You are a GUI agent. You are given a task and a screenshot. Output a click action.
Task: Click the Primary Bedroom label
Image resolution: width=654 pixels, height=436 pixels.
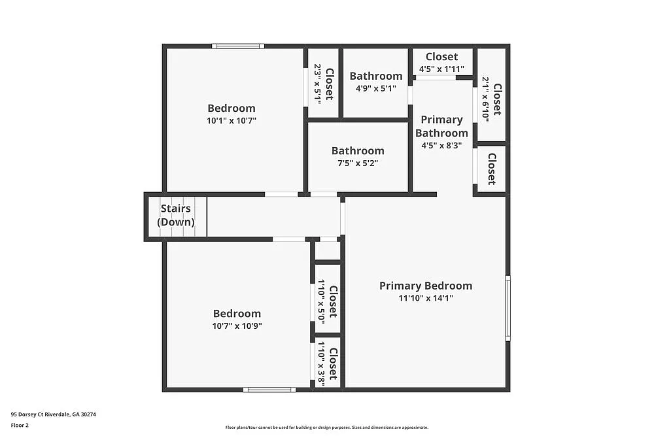click(x=426, y=286)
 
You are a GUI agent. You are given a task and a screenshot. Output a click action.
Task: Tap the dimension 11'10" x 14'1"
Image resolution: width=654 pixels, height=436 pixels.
click(x=426, y=298)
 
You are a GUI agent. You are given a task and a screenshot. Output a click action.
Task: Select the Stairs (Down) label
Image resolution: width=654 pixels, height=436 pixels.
click(x=176, y=215)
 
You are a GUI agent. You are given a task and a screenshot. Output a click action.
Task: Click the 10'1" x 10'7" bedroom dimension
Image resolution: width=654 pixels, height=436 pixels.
click(x=232, y=120)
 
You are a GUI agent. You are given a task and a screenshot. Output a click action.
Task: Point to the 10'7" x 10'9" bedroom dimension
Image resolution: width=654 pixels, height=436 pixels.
click(x=236, y=326)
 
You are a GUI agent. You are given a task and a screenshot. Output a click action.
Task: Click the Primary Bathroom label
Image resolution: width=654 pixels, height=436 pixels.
click(x=441, y=126)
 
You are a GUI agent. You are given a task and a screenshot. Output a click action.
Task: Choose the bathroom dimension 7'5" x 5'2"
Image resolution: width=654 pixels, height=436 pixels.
click(x=358, y=163)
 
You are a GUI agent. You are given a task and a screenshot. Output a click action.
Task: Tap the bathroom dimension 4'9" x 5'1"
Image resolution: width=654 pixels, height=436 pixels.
click(x=375, y=88)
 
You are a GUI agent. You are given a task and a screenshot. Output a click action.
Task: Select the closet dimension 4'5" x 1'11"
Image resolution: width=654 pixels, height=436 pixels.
click(x=441, y=69)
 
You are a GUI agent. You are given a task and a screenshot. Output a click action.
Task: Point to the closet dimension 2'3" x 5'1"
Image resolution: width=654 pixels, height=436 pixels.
click(x=318, y=84)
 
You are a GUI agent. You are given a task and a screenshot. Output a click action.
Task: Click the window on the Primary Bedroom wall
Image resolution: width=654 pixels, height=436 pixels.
click(x=508, y=308)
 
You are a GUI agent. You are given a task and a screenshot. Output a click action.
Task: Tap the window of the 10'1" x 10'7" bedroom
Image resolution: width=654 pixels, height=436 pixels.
click(x=238, y=46)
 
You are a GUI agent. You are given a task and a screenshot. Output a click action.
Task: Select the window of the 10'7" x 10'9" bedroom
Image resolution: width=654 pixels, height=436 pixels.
click(x=269, y=390)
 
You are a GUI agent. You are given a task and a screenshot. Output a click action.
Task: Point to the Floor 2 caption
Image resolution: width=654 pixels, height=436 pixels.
click(x=20, y=425)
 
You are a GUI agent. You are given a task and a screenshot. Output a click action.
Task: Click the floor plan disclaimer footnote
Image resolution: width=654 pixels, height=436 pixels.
click(x=326, y=427)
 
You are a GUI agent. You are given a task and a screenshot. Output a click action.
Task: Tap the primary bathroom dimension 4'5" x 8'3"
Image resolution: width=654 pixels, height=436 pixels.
click(x=441, y=146)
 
